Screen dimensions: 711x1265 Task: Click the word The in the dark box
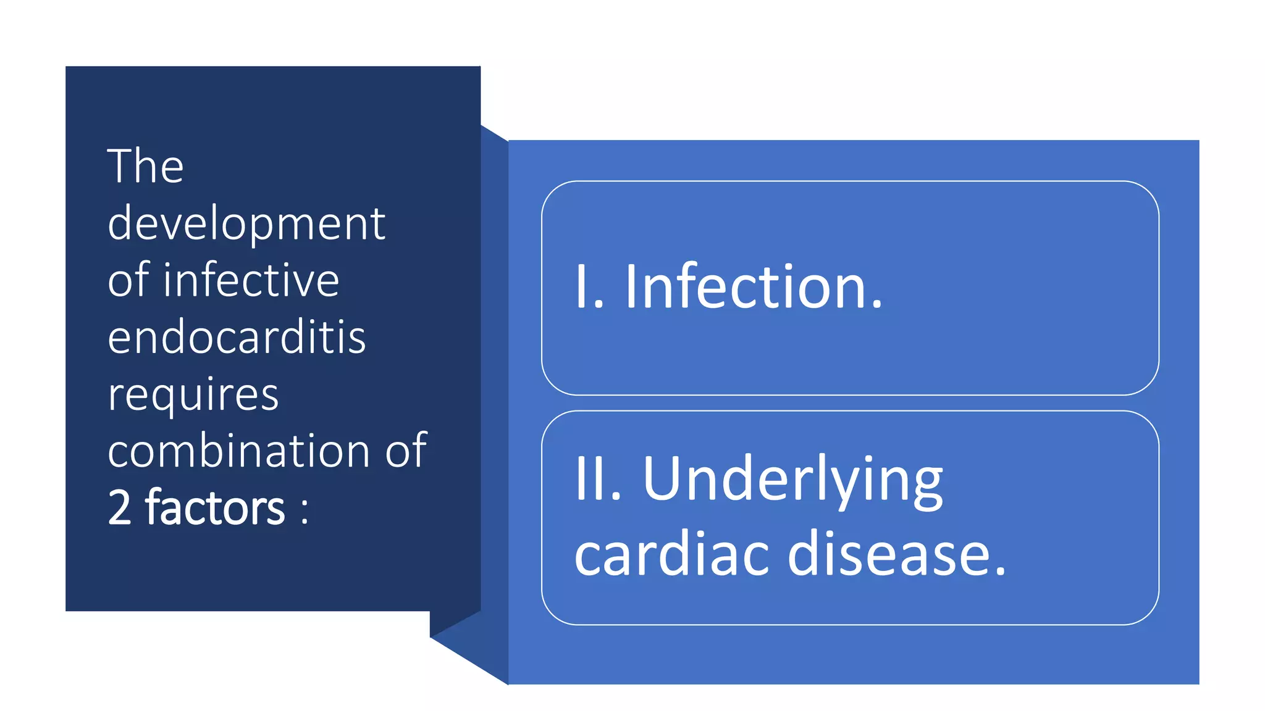pos(146,166)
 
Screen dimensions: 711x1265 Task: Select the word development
pos(246,223)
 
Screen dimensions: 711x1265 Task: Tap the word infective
pos(251,280)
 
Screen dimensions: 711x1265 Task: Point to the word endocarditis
pos(237,338)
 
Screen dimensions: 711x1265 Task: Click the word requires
pos(193,394)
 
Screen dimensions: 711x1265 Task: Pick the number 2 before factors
pos(120,508)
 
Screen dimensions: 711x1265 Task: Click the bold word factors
pos(215,508)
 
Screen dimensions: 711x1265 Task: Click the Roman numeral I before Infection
pos(581,286)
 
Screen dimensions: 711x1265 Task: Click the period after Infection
pos(876,304)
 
